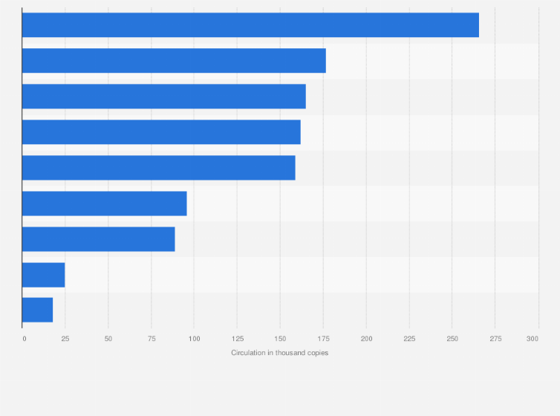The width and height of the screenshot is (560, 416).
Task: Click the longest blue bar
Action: point(250,25)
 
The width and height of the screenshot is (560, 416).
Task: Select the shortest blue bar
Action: point(37,310)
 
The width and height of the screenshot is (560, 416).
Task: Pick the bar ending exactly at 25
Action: point(43,275)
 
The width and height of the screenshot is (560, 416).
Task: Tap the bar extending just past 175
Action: point(174,61)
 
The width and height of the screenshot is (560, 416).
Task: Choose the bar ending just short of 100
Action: point(104,204)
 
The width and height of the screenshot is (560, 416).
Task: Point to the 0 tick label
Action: point(24,339)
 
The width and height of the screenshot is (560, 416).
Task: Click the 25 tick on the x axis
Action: point(65,339)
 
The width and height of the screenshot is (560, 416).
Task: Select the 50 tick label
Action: point(108,339)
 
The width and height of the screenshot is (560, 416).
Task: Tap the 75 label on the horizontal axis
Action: point(151,339)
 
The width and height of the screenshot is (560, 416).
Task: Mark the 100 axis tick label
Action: point(194,339)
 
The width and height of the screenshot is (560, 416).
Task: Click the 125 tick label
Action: point(237,339)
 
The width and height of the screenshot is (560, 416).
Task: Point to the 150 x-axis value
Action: point(280,339)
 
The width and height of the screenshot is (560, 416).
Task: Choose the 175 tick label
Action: point(323,339)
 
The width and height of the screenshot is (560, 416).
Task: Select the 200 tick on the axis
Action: point(366,339)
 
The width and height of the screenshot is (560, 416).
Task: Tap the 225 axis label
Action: point(409,339)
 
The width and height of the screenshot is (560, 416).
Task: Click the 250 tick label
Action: point(452,339)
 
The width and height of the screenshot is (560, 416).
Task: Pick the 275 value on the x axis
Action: point(495,339)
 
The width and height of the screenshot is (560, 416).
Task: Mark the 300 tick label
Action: point(533,339)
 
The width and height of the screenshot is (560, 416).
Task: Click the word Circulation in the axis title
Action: point(247,353)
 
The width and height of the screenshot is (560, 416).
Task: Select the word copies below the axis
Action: point(316,353)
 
